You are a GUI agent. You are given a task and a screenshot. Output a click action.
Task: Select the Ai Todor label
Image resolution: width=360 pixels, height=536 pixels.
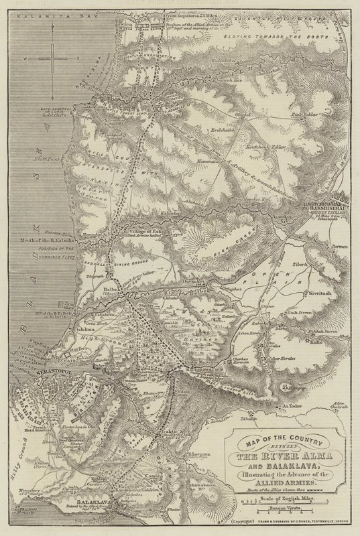point(294,407)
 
